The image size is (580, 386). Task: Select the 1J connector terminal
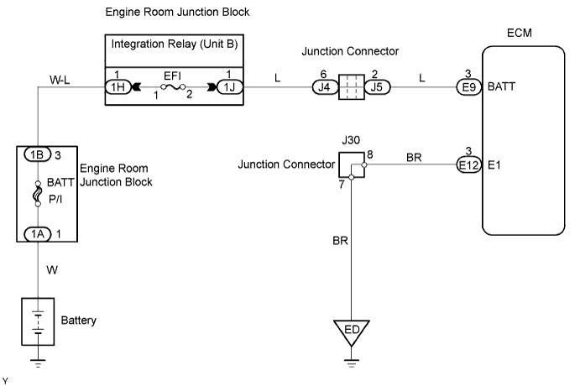tap(228, 86)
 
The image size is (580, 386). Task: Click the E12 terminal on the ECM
tap(468, 165)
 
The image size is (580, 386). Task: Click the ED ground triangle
tap(352, 330)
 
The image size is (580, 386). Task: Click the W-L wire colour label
tap(60, 81)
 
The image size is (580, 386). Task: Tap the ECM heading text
tap(520, 34)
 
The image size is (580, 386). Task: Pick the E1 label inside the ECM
tap(495, 166)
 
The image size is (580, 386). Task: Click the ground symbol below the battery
tap(37, 363)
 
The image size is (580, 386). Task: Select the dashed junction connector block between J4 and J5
tap(348, 86)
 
